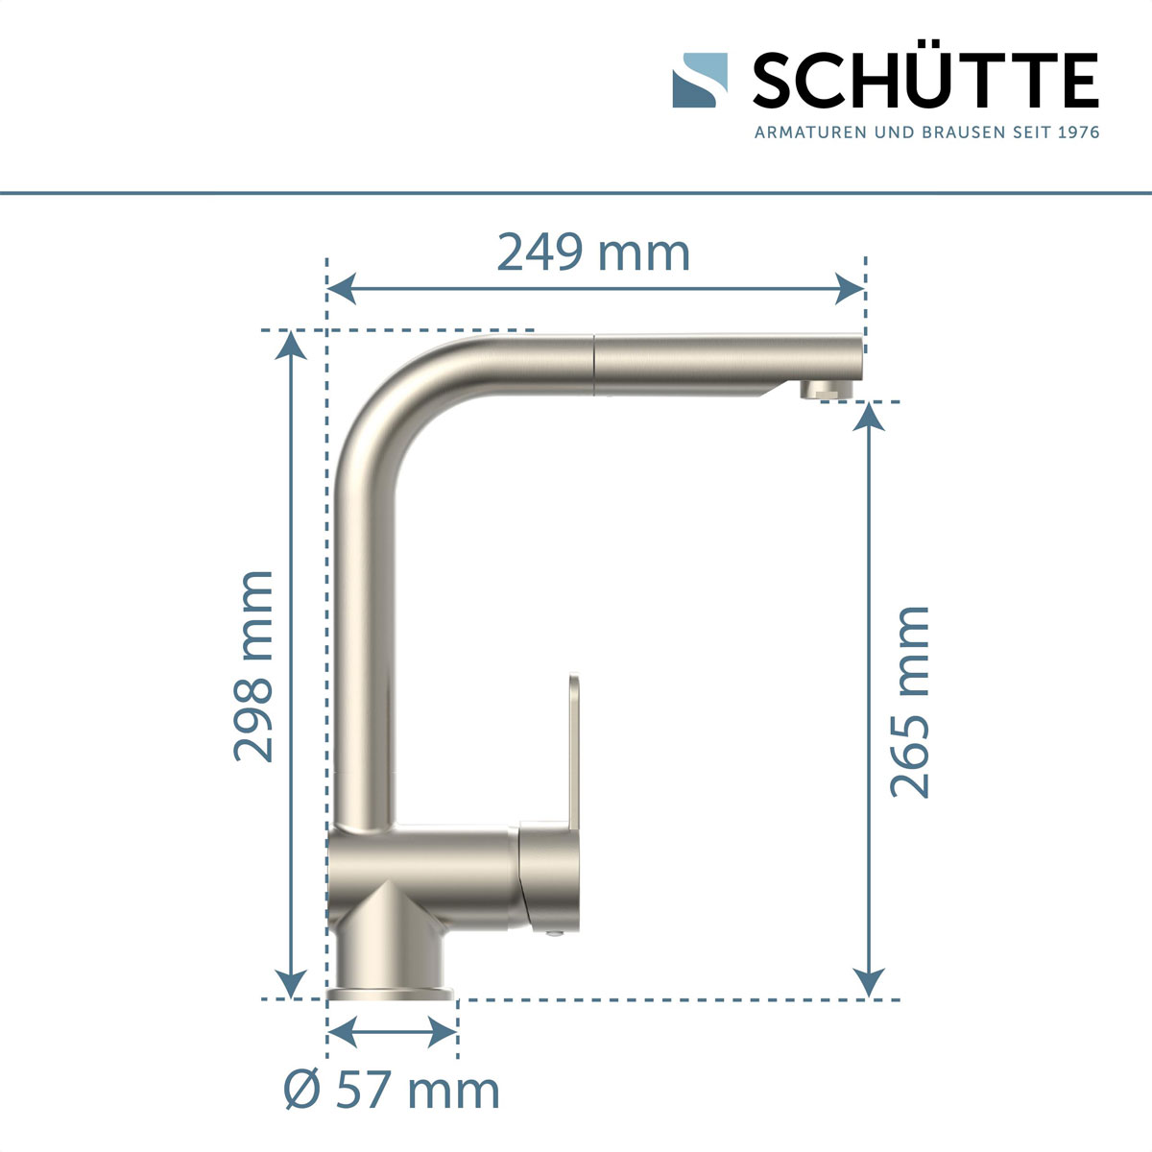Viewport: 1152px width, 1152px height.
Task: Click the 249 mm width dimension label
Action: point(593,253)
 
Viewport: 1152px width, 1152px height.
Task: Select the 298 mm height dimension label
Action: point(253,666)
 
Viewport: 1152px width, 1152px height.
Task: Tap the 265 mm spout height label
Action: point(910,702)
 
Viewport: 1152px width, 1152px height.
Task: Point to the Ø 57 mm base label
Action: point(392,1091)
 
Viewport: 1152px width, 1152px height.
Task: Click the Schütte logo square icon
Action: point(700,80)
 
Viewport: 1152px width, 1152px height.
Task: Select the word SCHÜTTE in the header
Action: point(925,81)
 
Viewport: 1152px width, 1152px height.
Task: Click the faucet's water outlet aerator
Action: point(828,389)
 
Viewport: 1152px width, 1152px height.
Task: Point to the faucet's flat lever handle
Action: point(573,749)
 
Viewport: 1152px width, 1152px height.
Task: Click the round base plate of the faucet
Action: point(391,993)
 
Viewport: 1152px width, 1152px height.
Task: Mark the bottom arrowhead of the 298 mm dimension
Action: point(291,984)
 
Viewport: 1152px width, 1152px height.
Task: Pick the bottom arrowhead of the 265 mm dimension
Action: point(869,983)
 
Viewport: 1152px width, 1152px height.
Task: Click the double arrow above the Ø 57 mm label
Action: point(392,1033)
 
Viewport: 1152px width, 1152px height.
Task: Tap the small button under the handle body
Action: point(551,932)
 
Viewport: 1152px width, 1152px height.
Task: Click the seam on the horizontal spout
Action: point(596,365)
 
